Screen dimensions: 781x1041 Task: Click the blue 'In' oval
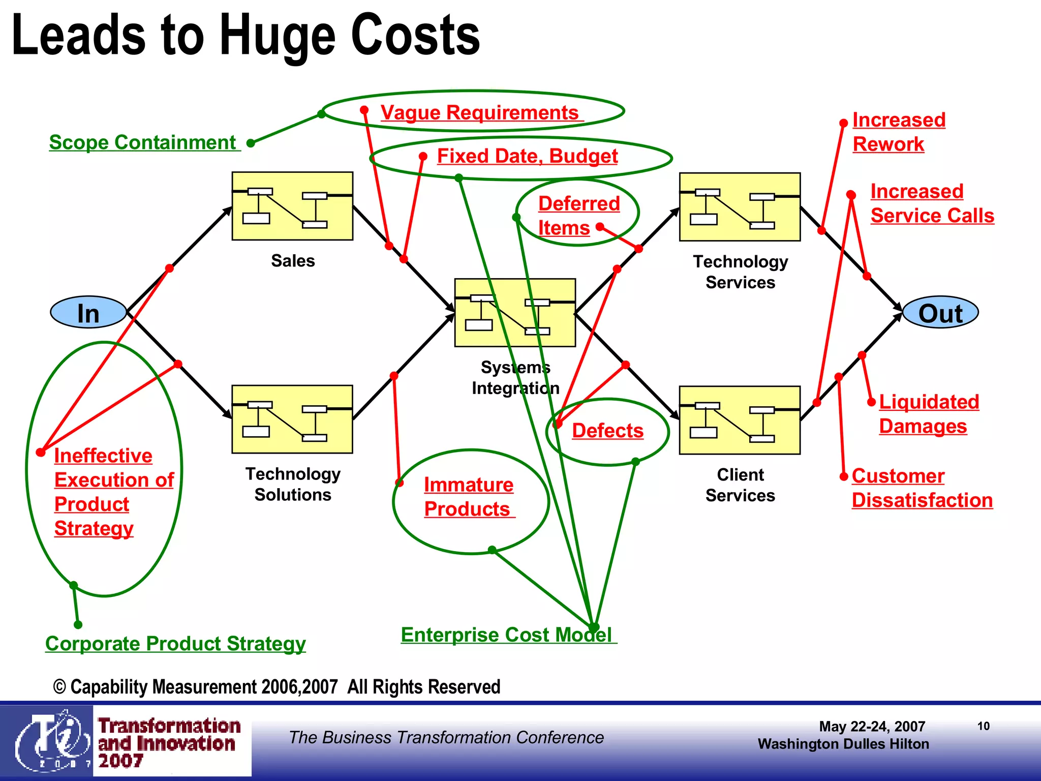tap(88, 312)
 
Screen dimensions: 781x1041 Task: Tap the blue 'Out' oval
tap(940, 312)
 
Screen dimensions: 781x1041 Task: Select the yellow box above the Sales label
tap(292, 206)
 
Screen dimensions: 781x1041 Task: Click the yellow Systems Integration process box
tap(515, 312)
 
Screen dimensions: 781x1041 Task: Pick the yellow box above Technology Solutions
tap(292, 419)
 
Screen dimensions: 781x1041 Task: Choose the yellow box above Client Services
tap(740, 420)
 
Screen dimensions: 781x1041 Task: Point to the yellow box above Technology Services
tap(740, 206)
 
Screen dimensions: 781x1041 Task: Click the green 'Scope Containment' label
tap(143, 142)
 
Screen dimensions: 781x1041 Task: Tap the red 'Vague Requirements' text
tap(479, 112)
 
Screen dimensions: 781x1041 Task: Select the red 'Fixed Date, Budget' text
tap(527, 156)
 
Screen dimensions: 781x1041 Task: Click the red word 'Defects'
tap(607, 431)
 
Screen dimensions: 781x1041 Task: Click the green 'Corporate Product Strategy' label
tap(175, 643)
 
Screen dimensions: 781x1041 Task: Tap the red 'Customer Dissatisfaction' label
tap(922, 488)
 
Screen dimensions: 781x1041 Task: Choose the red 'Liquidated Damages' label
tap(928, 414)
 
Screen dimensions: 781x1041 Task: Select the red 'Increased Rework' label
tap(898, 132)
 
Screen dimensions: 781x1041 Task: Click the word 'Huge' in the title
tap(277, 36)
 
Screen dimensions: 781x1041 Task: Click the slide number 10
tap(984, 726)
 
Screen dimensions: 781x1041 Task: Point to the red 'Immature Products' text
tap(468, 497)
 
